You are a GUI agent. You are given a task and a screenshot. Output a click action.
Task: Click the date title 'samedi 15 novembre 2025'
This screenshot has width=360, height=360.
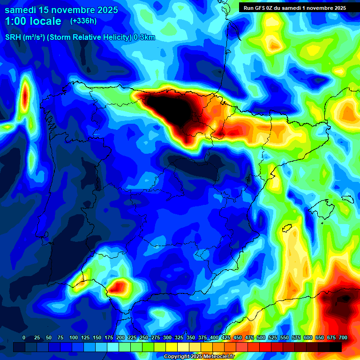pyautogui.click(x=61, y=10)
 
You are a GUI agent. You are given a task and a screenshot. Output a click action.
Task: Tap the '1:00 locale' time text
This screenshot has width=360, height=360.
pyautogui.click(x=33, y=21)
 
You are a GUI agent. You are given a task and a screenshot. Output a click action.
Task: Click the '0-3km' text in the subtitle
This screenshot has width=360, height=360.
pyautogui.click(x=144, y=37)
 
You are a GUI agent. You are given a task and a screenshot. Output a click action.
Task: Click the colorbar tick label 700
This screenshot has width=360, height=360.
pyautogui.click(x=343, y=337)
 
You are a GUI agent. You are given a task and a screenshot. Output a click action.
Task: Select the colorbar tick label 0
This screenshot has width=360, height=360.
pyautogui.click(x=24, y=337)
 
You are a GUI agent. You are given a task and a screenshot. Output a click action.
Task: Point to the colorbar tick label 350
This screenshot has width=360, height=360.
pyautogui.click(x=190, y=337)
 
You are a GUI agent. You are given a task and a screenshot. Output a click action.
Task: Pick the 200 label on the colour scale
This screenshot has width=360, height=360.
pyautogui.click(x=120, y=337)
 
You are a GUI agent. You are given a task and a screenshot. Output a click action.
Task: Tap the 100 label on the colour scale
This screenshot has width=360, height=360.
pyautogui.click(x=73, y=337)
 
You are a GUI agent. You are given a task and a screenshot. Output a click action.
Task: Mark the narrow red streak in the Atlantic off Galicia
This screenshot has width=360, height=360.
pyautogui.click(x=24, y=96)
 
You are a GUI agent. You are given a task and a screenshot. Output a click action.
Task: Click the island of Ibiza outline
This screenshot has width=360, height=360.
pyautogui.click(x=287, y=228)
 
